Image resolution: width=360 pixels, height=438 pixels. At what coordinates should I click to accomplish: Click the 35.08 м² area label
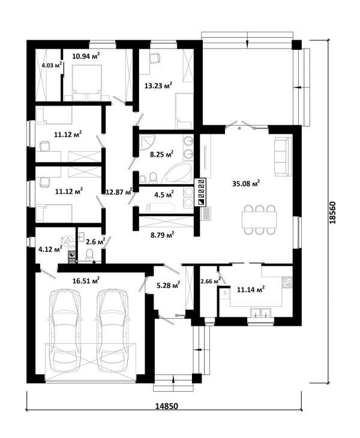pyautogui.click(x=246, y=184)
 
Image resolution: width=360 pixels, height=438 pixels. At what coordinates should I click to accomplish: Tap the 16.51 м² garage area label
pyautogui.click(x=86, y=280)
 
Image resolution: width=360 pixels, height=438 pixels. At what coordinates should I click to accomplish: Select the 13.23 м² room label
pyautogui.click(x=158, y=85)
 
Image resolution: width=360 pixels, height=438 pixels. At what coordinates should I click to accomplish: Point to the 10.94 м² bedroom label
pyautogui.click(x=86, y=56)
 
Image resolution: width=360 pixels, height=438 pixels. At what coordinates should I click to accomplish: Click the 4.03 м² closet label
pyautogui.click(x=52, y=65)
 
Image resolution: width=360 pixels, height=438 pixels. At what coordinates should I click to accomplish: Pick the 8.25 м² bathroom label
pyautogui.click(x=162, y=154)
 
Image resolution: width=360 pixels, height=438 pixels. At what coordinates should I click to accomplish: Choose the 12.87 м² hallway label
pyautogui.click(x=119, y=191)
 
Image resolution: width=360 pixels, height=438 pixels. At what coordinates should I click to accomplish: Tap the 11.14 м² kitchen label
pyautogui.click(x=251, y=289)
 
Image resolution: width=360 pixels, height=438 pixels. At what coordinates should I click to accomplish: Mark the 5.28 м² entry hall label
pyautogui.click(x=168, y=285)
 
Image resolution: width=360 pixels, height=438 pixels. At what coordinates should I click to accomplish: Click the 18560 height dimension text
pyautogui.click(x=332, y=212)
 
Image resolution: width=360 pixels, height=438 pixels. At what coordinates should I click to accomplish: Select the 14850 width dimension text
pyautogui.click(x=166, y=406)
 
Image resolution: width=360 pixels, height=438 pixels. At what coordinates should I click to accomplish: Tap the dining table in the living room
pyautogui.click(x=259, y=220)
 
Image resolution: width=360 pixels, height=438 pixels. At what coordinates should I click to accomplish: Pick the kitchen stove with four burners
pyautogui.click(x=287, y=282)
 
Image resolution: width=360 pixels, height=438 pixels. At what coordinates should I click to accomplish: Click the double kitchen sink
pyautogui.click(x=260, y=312)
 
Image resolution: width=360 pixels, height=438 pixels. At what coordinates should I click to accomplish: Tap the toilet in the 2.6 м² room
pyautogui.click(x=89, y=254)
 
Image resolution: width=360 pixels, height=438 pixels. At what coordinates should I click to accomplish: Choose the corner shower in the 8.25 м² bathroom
pyautogui.click(x=146, y=142)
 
